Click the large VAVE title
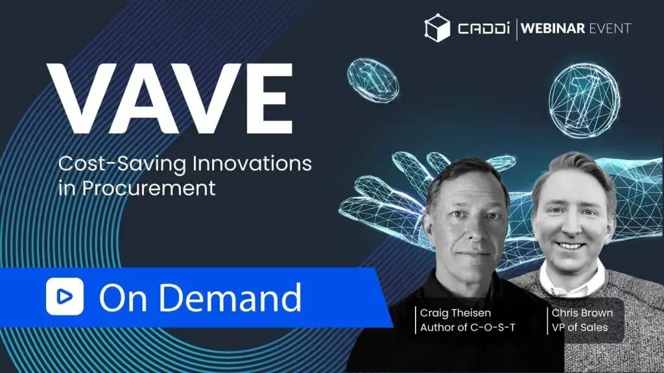tap(170, 98)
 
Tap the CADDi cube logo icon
tap(437, 28)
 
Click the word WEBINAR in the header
tap(552, 28)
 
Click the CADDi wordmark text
tap(483, 28)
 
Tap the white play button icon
tap(65, 297)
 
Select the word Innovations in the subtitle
tap(252, 163)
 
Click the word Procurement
tap(148, 188)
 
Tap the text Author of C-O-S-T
tap(468, 327)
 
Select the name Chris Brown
tap(582, 313)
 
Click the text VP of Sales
tap(579, 327)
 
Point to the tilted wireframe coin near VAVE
tap(373, 80)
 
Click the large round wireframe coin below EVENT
tap(584, 100)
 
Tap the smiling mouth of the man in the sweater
tap(570, 245)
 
